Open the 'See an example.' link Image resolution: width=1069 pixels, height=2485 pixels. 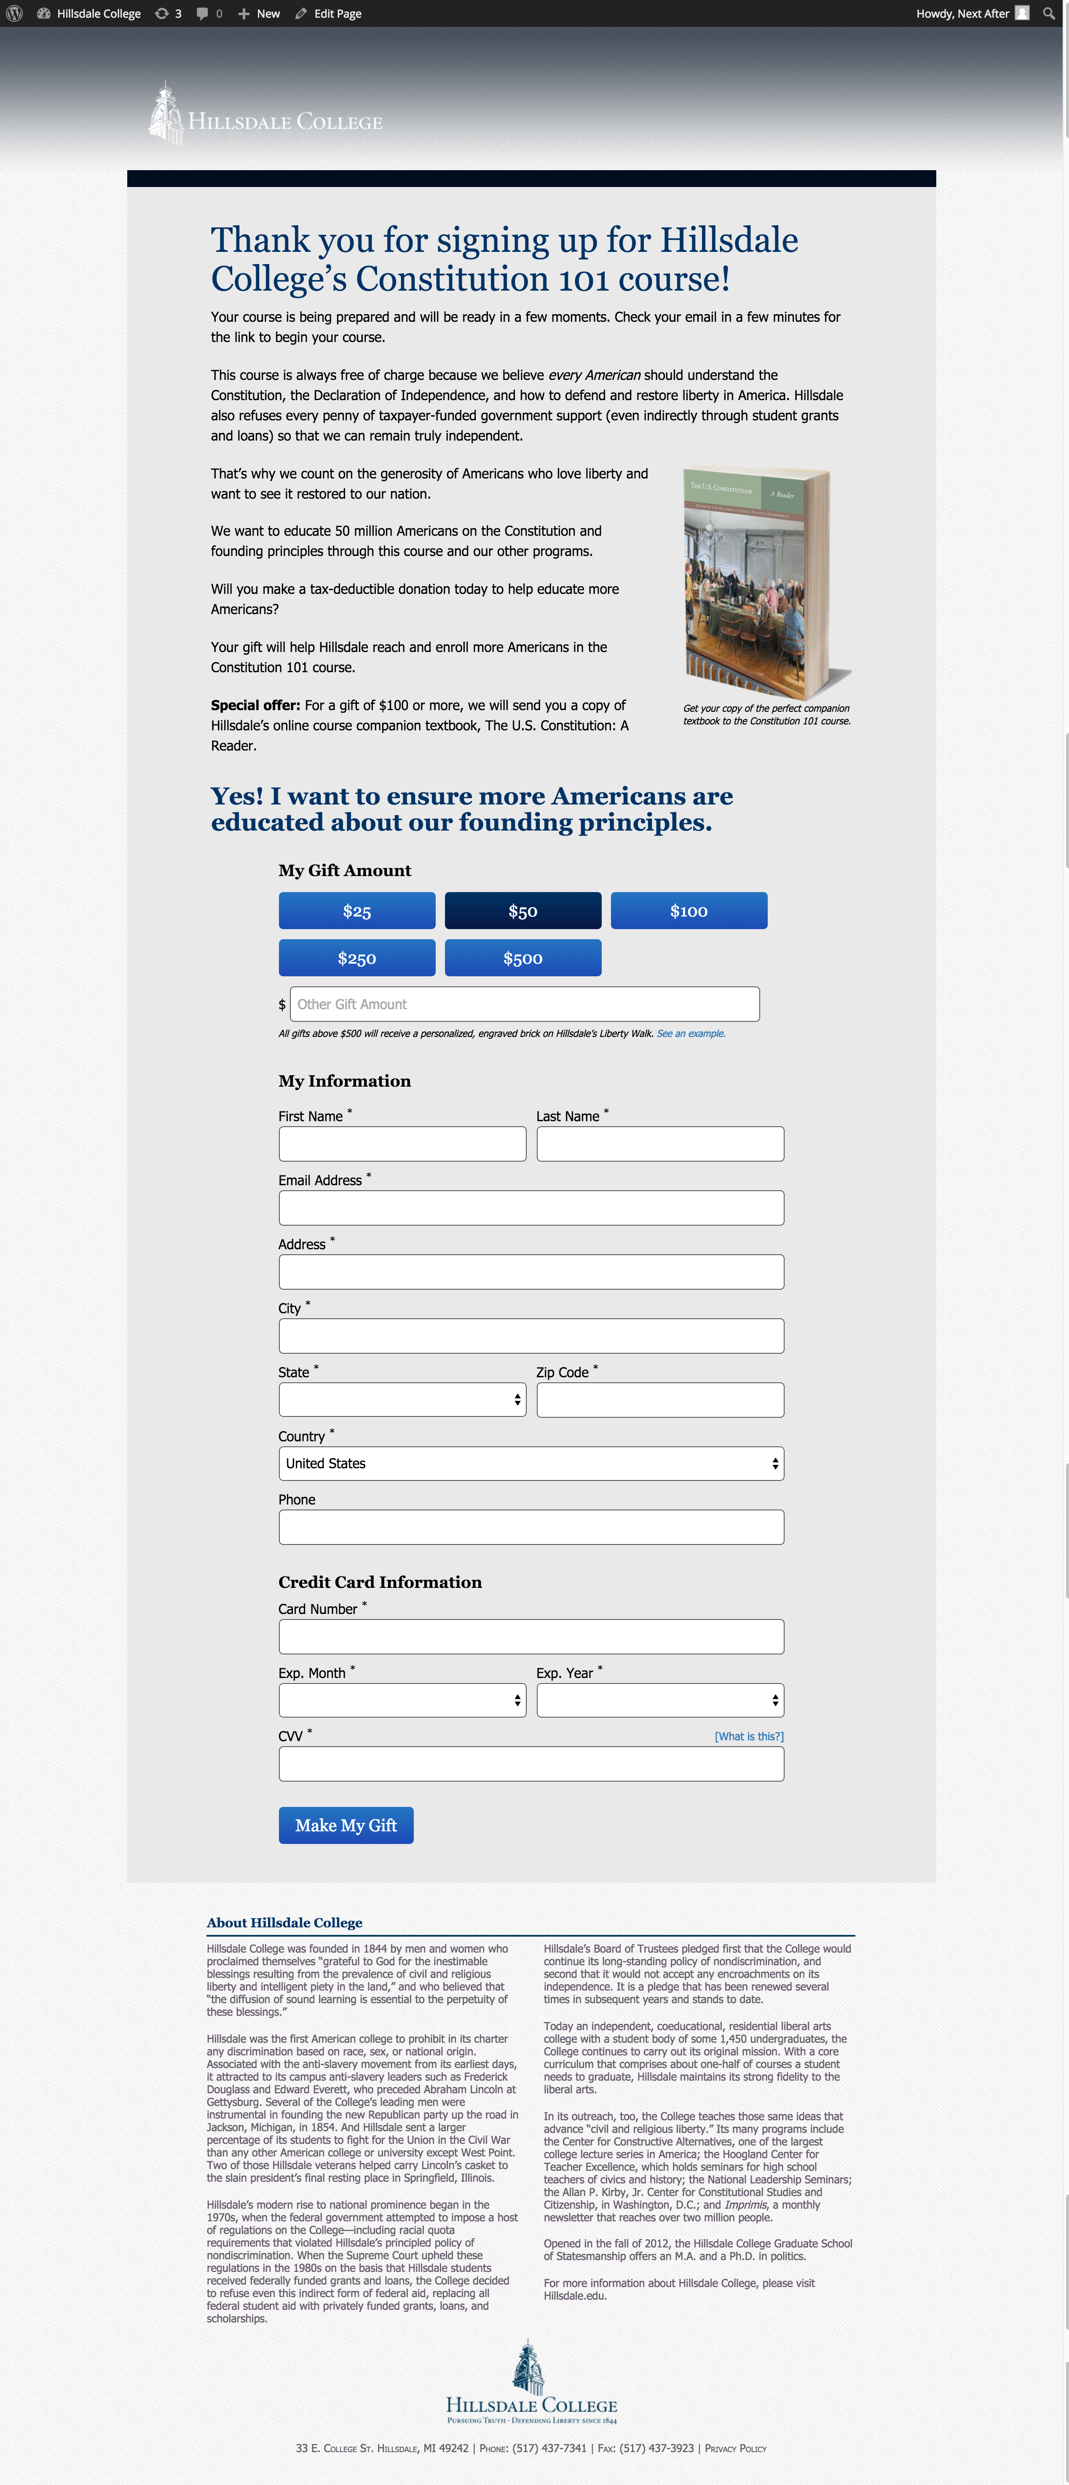click(x=691, y=1033)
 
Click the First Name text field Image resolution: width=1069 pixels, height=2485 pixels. click(x=402, y=1144)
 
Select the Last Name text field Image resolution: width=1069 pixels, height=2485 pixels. click(x=660, y=1144)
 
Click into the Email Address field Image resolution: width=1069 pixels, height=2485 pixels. click(x=530, y=1208)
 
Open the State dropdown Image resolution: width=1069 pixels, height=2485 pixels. click(x=402, y=1400)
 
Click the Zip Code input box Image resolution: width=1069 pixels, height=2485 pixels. click(x=660, y=1400)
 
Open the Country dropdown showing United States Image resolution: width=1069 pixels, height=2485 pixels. click(x=530, y=1463)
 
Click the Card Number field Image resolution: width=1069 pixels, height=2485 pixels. click(x=530, y=1637)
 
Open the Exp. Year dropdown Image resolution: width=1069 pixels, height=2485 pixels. click(x=660, y=1701)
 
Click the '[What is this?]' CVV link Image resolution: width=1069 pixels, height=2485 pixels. click(x=749, y=1737)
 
